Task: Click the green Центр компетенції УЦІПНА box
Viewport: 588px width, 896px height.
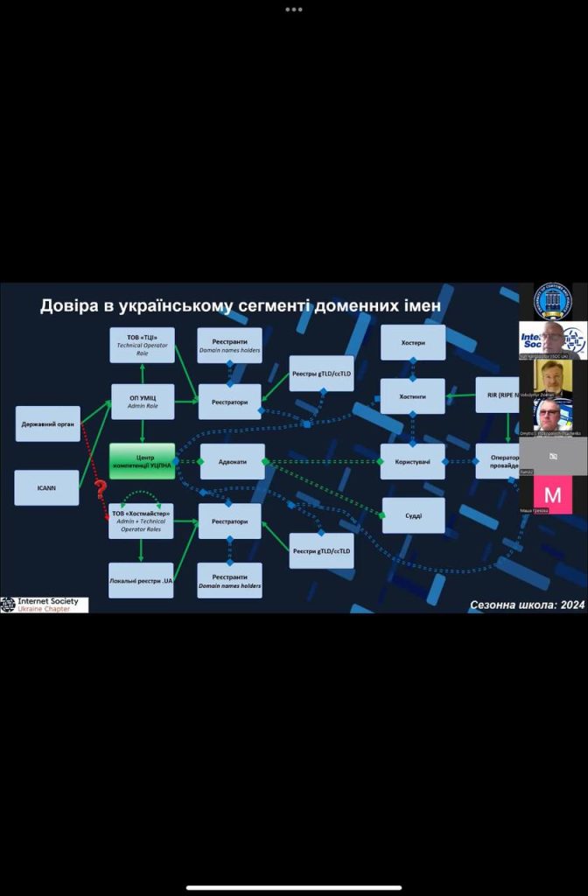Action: point(142,461)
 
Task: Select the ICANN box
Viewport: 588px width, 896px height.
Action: point(46,487)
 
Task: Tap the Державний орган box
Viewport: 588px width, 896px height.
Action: point(47,423)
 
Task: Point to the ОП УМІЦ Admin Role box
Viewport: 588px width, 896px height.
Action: point(142,402)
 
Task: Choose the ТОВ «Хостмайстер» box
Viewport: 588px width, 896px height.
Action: point(141,521)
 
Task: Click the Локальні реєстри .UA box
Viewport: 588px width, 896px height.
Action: point(141,580)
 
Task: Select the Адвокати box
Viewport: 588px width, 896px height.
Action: point(232,461)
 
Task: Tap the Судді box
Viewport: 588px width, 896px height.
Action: point(413,515)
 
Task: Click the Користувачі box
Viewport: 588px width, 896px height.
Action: point(412,461)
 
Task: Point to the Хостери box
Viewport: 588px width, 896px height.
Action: point(412,342)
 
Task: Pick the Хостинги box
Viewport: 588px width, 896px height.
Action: point(412,396)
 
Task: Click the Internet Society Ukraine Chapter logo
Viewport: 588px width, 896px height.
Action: point(45,605)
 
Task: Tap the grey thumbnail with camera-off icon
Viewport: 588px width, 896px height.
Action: point(552,456)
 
